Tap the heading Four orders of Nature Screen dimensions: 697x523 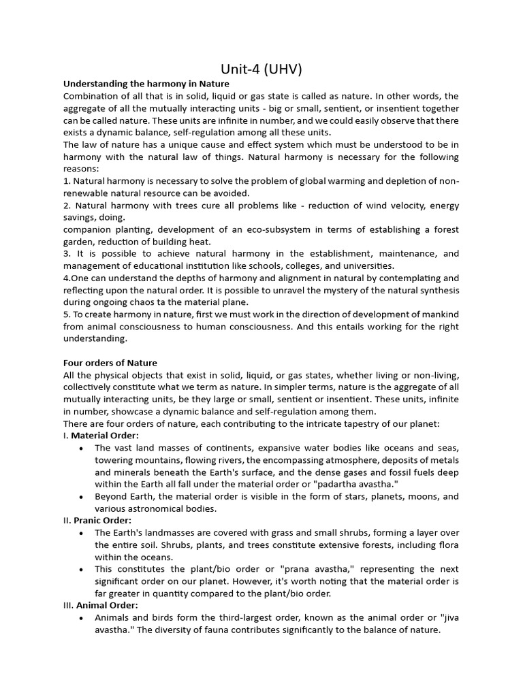[x=110, y=363]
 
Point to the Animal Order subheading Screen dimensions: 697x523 [x=107, y=605]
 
